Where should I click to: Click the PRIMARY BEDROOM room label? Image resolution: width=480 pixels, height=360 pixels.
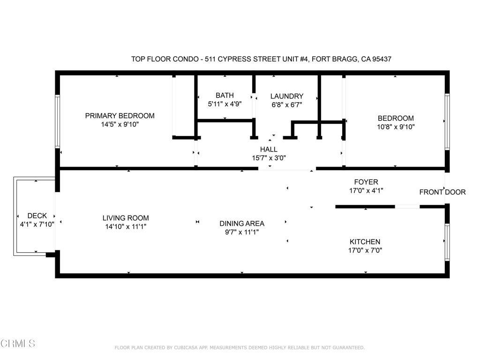point(120,116)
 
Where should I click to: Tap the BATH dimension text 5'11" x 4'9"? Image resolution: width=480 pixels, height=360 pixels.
point(225,104)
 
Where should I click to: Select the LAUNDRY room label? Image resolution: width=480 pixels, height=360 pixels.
point(287,96)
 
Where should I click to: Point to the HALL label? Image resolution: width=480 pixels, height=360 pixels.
point(269,150)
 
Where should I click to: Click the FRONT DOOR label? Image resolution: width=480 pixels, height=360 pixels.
point(442,192)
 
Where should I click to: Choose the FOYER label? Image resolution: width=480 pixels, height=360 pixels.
point(366,182)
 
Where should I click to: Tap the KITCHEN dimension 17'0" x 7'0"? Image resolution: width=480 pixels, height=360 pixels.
point(365,250)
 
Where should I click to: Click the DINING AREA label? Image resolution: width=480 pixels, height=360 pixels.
point(242,224)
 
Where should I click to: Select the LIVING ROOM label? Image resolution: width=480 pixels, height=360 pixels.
point(126,218)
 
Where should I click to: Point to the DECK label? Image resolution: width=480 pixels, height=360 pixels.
point(37,216)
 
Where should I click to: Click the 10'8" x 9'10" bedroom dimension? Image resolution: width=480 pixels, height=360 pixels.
point(396,127)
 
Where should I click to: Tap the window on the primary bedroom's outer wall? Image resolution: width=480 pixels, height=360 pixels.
point(57,121)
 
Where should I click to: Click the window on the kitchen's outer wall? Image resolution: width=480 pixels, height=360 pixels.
point(447,242)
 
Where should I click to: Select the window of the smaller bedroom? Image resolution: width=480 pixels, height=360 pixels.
point(447,121)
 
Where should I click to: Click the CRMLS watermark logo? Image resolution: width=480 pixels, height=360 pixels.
point(18,343)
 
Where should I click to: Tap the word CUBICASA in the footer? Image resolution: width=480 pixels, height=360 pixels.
point(187,347)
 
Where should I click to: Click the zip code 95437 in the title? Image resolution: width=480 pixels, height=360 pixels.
point(382,59)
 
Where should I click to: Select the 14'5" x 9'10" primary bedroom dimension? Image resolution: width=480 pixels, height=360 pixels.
point(120,124)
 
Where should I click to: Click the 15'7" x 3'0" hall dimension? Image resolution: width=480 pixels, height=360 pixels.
point(269,158)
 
